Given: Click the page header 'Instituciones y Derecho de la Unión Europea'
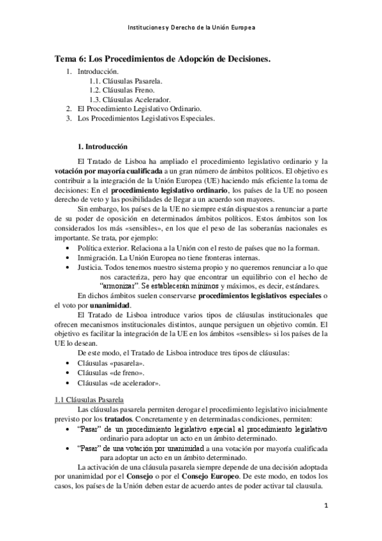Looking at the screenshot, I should click(191, 28).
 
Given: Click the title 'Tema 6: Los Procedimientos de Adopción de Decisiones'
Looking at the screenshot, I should click(162, 59).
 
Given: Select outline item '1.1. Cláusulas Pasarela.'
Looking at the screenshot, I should click(126, 81).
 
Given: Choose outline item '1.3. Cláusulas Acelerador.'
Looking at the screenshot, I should click(130, 100).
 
